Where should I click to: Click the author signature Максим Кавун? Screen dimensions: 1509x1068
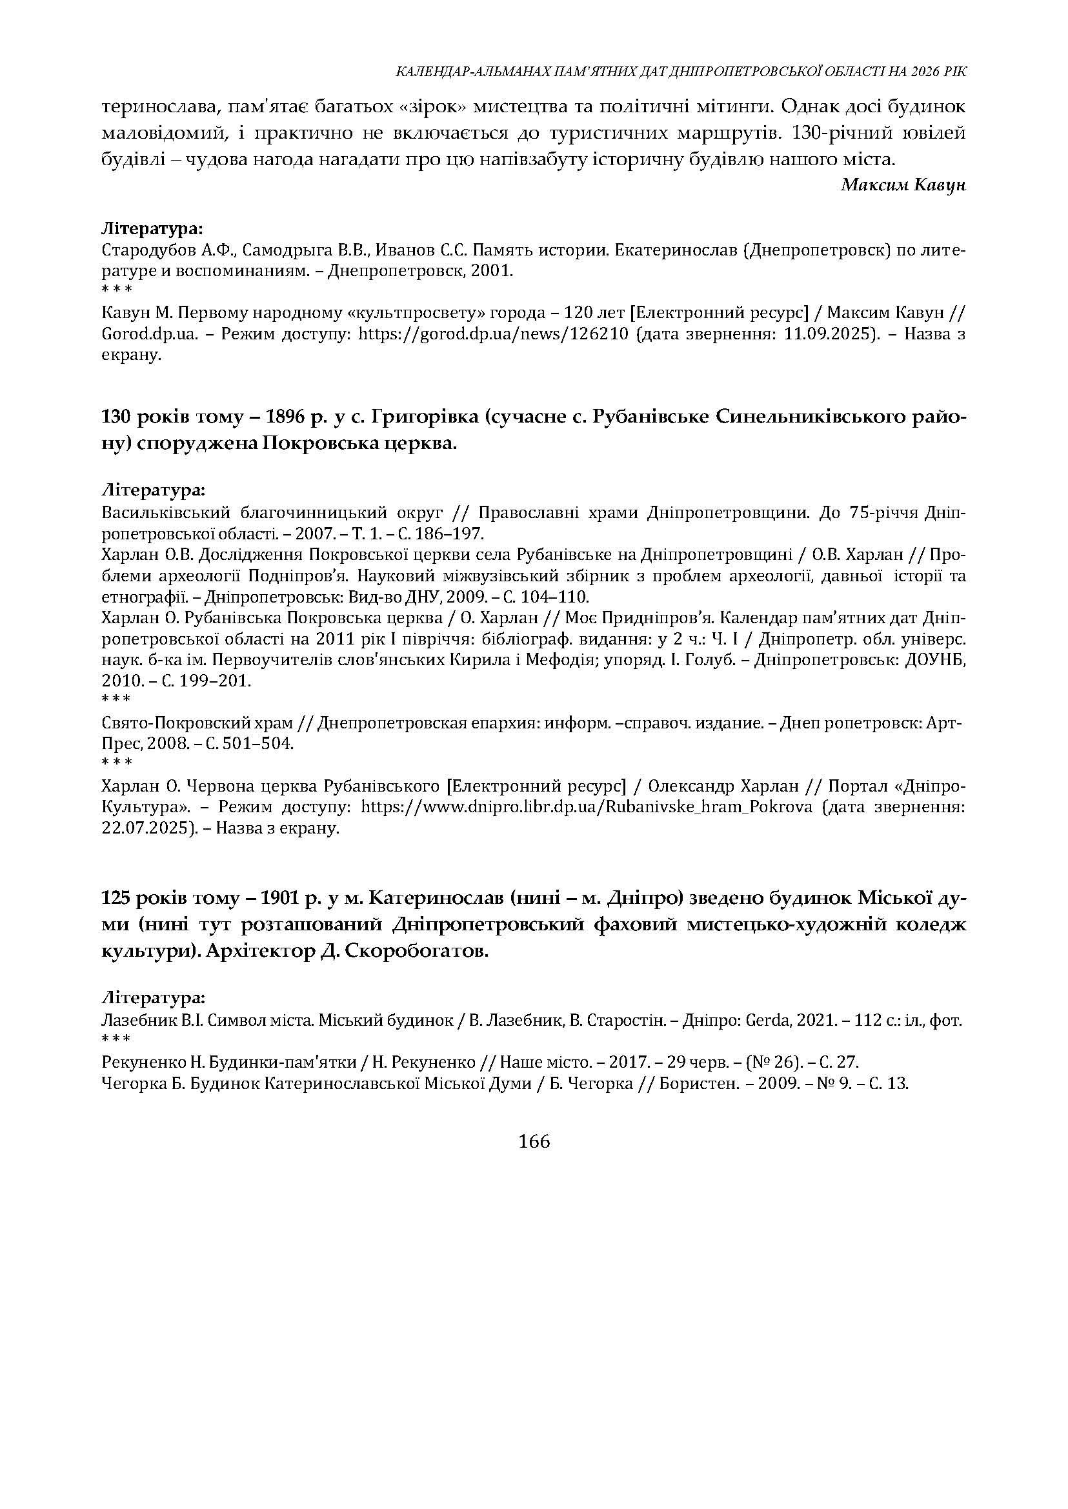pos(903,185)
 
